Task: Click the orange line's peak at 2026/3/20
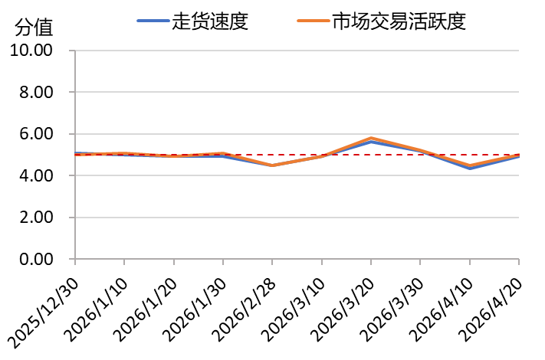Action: tap(371, 138)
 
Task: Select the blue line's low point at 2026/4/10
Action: tap(470, 168)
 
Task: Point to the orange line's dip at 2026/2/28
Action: tap(272, 165)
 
